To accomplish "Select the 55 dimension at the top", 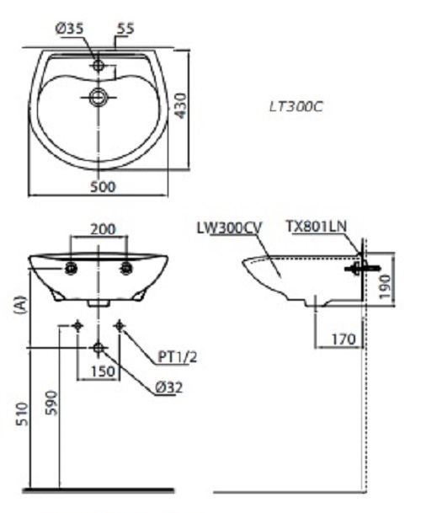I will coord(125,29).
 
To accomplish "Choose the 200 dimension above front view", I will coord(103,228).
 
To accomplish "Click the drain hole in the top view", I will coord(99,97).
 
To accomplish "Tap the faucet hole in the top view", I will coord(99,64).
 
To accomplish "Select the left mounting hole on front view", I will coord(72,269).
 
